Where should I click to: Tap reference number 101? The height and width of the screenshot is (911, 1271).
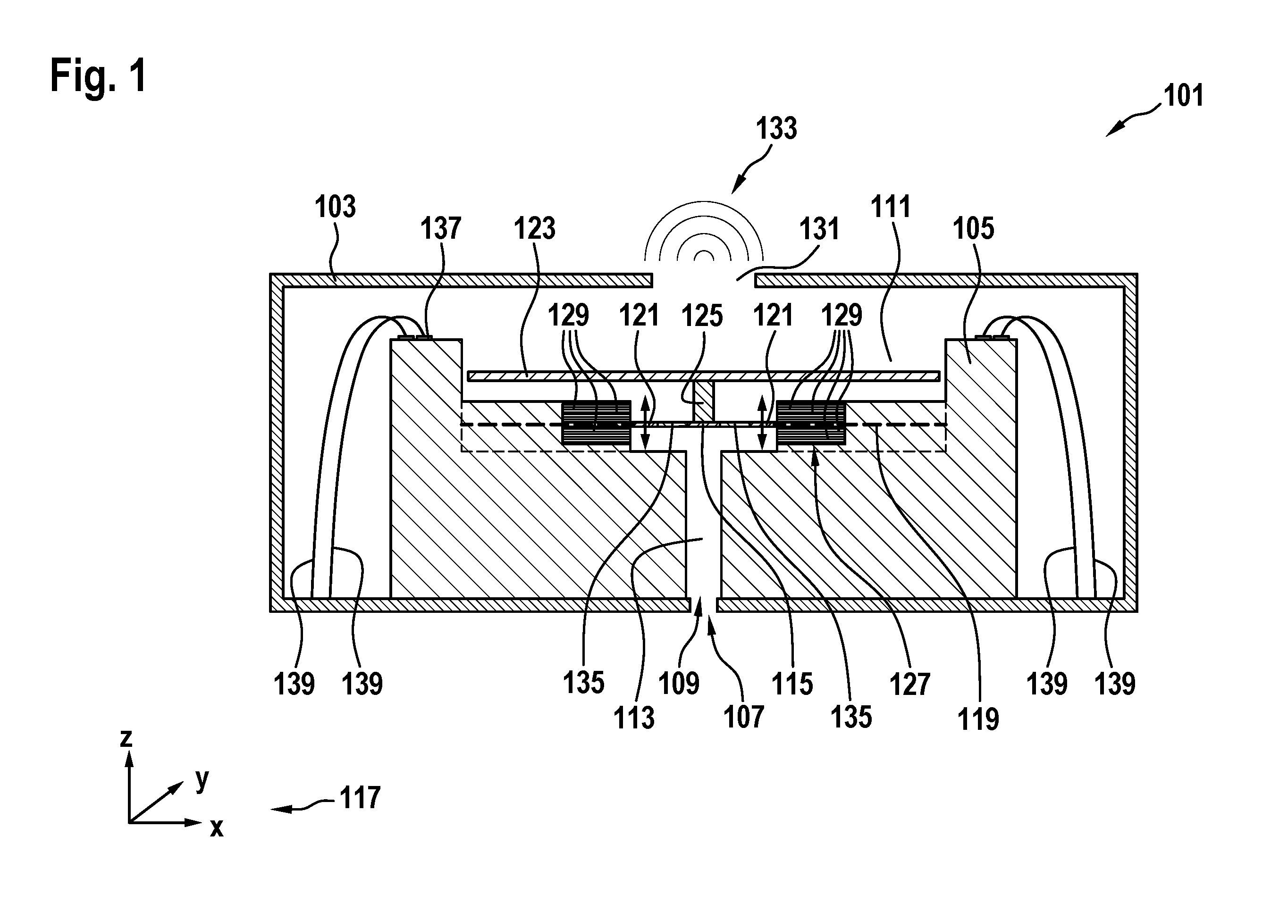click(1184, 96)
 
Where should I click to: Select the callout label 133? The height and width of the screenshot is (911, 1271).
click(776, 128)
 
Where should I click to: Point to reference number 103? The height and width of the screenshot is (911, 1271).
click(335, 207)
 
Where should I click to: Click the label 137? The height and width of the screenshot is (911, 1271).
click(440, 229)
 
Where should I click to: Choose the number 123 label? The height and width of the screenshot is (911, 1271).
click(535, 229)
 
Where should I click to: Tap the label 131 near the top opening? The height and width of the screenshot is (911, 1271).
click(819, 229)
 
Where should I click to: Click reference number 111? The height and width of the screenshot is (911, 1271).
click(891, 207)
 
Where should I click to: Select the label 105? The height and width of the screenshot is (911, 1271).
click(973, 229)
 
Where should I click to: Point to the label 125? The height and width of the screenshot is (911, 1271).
click(702, 316)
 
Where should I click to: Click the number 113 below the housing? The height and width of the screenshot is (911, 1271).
click(634, 718)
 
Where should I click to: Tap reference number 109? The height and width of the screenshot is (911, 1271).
click(679, 684)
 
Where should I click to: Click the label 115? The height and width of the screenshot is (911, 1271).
click(792, 684)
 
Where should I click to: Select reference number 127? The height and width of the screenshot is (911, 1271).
click(910, 684)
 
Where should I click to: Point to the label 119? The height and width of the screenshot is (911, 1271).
click(978, 719)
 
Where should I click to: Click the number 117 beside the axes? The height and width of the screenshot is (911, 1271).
click(360, 797)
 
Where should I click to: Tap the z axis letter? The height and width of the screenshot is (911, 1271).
click(126, 738)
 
